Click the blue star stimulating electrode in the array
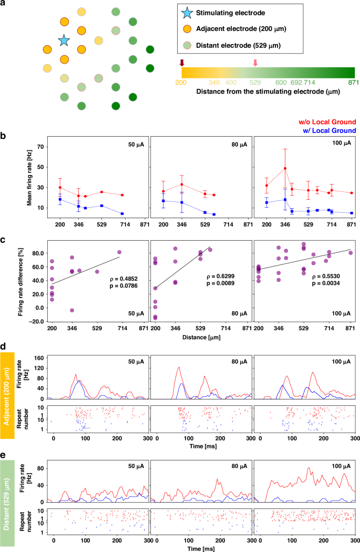[x=64, y=40]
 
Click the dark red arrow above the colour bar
[x=182, y=63]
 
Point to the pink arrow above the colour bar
[x=255, y=63]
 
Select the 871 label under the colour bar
[x=349, y=82]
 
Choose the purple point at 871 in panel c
[x=351, y=253]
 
